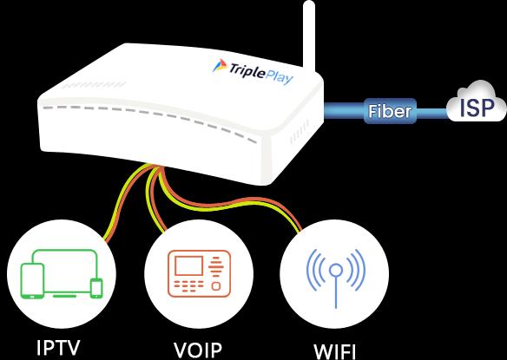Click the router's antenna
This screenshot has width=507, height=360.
coord(309,36)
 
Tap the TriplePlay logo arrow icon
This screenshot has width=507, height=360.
coord(220,66)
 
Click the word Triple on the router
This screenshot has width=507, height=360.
coord(245,70)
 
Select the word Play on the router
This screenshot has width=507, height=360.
coord(279,77)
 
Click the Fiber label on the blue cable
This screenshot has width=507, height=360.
coord(390,111)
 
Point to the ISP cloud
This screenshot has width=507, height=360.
coord(477,101)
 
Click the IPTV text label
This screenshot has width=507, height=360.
coord(58,348)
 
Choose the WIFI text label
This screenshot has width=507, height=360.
coord(334,352)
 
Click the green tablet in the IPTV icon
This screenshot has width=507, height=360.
coord(32,281)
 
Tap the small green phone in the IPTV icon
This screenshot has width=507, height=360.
coord(96,288)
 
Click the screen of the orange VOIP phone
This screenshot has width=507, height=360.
coord(189,265)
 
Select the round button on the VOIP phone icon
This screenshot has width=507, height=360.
coord(216,286)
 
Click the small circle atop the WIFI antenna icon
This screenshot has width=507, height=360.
coord(336,270)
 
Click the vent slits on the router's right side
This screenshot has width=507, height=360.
coord(300,133)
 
